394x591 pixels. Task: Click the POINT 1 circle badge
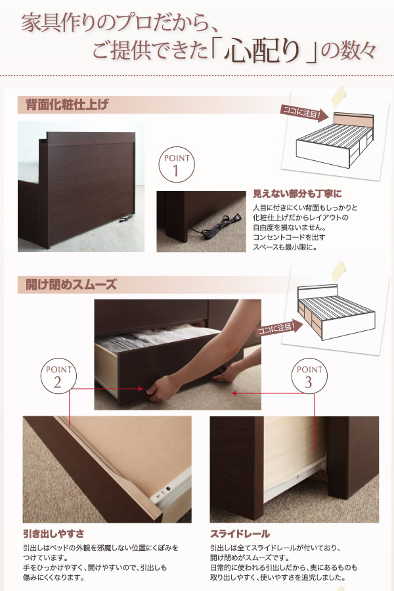click(x=177, y=165)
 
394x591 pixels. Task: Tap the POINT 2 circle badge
click(x=58, y=376)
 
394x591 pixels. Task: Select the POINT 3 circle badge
click(x=309, y=376)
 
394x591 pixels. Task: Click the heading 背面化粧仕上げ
click(x=67, y=104)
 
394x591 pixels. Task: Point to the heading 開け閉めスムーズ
click(x=72, y=284)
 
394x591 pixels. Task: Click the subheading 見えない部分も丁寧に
click(x=297, y=194)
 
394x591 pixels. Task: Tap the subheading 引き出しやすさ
click(x=54, y=534)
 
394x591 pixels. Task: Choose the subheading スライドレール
click(x=240, y=534)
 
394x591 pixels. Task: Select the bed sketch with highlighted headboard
click(x=334, y=139)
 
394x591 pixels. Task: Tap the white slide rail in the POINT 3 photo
click(x=295, y=479)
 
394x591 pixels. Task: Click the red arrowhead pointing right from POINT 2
click(x=141, y=389)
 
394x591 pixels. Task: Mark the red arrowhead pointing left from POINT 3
click(x=234, y=393)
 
